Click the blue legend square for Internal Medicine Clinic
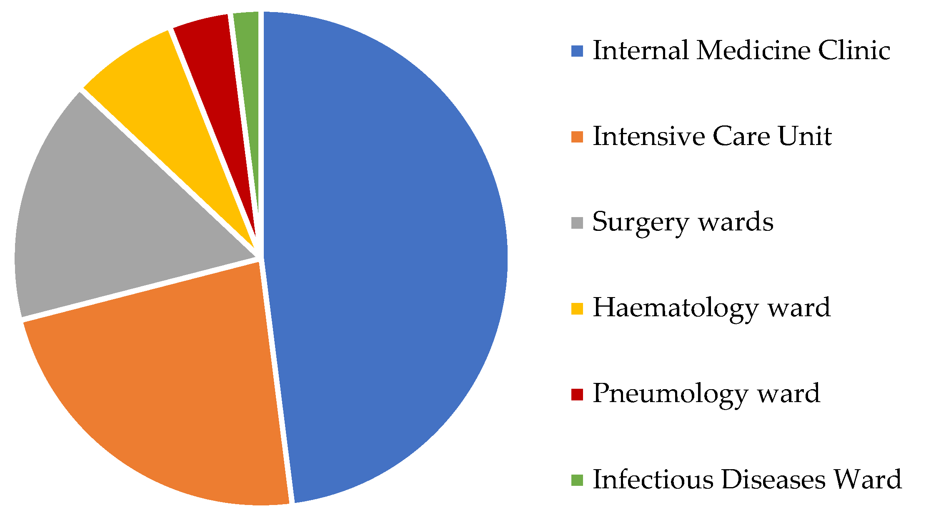coord(577,51)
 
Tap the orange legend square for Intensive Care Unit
coord(577,137)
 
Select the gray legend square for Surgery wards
coord(577,223)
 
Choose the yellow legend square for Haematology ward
coord(577,309)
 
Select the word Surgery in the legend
coord(640,223)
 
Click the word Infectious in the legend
coord(653,480)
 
